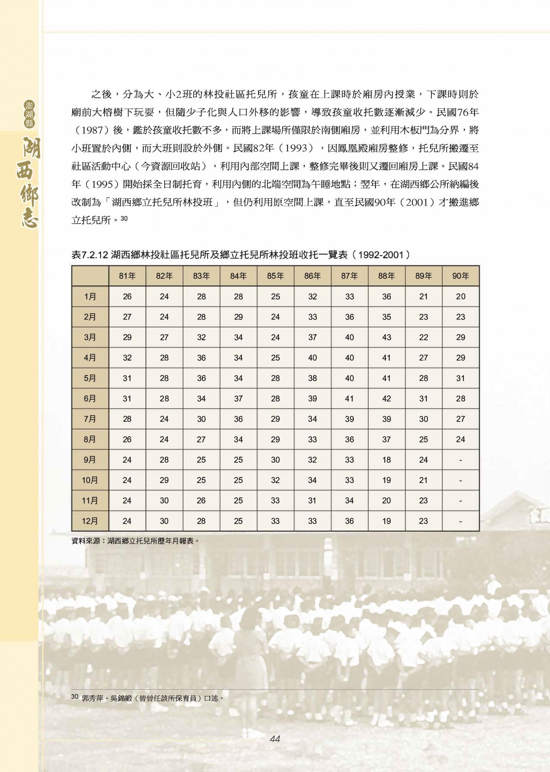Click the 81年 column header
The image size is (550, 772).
[x=127, y=276]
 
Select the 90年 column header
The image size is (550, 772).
[x=460, y=276]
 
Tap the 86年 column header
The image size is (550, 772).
[x=312, y=276]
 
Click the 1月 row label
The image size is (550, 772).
[x=90, y=297]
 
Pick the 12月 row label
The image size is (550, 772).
[x=90, y=521]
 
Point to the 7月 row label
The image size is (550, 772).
[x=90, y=419]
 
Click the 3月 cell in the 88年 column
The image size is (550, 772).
[x=387, y=338]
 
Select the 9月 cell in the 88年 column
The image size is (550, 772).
[x=387, y=460]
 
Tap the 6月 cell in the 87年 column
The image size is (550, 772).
[x=349, y=399]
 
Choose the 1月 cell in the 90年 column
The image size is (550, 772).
[x=460, y=297]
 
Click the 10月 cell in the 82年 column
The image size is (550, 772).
[x=164, y=480]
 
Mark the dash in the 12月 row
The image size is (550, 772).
[x=460, y=522]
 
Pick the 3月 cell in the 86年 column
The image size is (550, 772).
[x=312, y=338]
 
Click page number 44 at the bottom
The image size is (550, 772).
[x=275, y=739]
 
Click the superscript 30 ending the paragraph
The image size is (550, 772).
[x=124, y=219]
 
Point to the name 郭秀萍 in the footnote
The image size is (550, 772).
[x=93, y=698]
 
